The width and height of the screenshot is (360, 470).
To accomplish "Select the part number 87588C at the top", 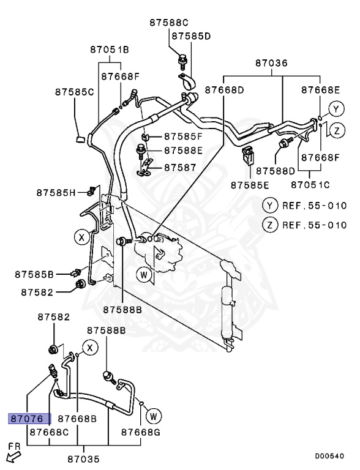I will [x=170, y=23].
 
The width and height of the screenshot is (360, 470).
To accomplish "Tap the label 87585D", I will [x=190, y=36].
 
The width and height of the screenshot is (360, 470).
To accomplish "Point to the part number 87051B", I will [x=110, y=49].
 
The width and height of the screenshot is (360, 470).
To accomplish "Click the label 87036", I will [x=271, y=63].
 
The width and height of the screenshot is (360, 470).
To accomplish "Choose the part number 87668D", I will [x=224, y=90].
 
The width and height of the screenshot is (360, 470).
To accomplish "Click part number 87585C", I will [x=74, y=92].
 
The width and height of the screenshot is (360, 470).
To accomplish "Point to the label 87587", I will [x=179, y=166].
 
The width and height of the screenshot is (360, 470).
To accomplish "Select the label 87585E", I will [x=250, y=184].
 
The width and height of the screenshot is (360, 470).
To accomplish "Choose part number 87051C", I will [x=310, y=184].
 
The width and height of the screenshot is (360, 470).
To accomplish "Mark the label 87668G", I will [x=140, y=432].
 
